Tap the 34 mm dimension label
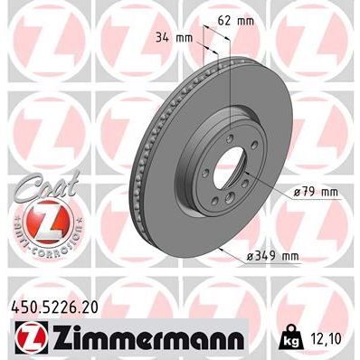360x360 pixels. (175, 36)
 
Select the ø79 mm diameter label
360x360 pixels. (314, 191)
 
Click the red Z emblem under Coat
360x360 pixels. (33, 221)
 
